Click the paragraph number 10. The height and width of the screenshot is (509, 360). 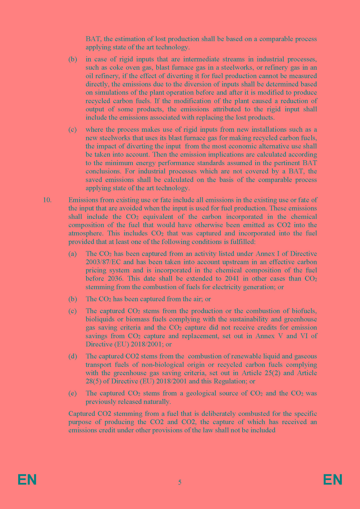click(x=47, y=200)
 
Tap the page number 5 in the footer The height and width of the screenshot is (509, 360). click(x=180, y=482)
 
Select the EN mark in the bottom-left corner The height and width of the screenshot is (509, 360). click(x=27, y=480)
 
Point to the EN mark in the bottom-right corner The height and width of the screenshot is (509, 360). click(x=333, y=480)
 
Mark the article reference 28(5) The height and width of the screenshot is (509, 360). click(x=94, y=381)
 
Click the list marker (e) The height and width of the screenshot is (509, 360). click(x=73, y=393)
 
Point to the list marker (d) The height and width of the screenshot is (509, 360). click(x=73, y=356)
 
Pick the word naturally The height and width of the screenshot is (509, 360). click(x=158, y=402)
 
